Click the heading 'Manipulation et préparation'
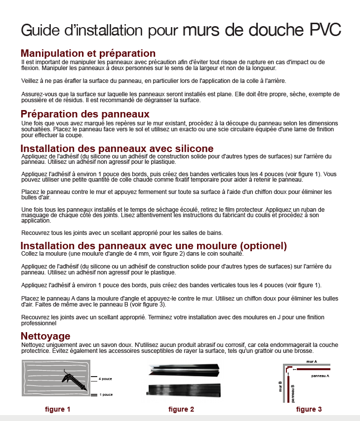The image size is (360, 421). [x=88, y=53]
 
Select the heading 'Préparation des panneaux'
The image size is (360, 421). [x=85, y=114]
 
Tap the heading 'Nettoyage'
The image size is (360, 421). [x=45, y=336]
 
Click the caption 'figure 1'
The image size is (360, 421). [x=58, y=409]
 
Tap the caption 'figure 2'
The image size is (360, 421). [x=181, y=409]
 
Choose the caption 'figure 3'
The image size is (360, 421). [x=309, y=409]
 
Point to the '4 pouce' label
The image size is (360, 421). [x=105, y=379]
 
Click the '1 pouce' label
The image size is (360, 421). [x=105, y=395]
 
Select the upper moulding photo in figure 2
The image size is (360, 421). [x=184, y=369]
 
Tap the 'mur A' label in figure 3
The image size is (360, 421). [x=311, y=362]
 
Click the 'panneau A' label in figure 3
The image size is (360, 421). [x=320, y=376]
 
